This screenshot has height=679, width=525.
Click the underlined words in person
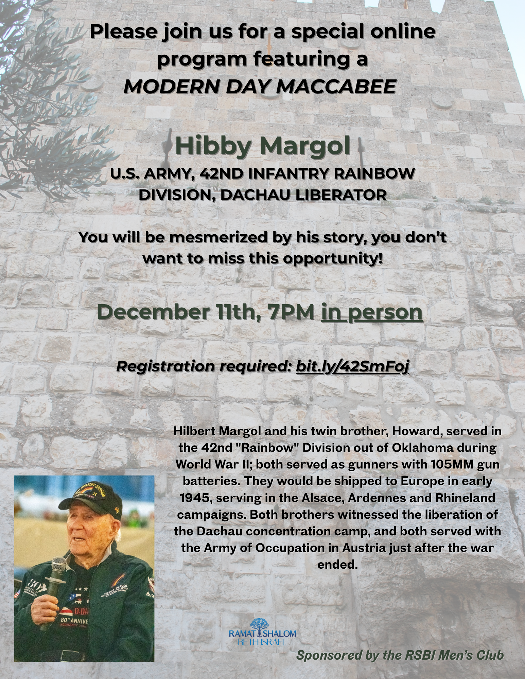point(372,312)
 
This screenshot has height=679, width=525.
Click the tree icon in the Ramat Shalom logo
point(257,626)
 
